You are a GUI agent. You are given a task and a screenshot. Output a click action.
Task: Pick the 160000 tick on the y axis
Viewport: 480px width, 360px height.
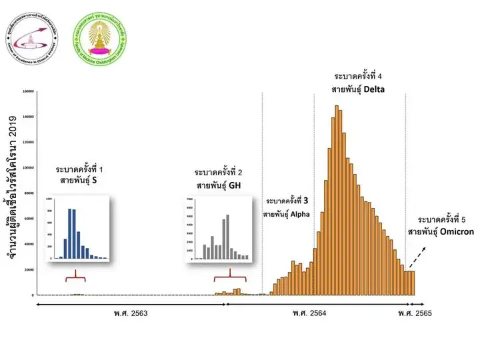[x=27, y=91]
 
